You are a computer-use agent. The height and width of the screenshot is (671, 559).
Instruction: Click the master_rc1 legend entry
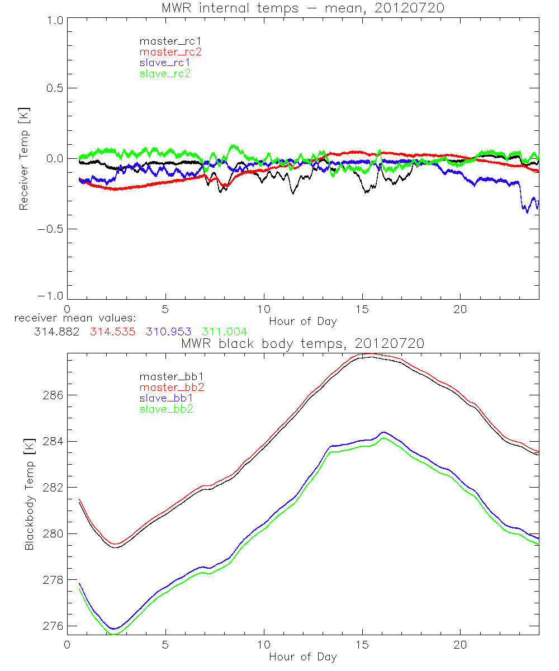[x=165, y=41]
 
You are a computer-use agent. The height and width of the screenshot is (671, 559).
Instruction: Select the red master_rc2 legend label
[x=170, y=51]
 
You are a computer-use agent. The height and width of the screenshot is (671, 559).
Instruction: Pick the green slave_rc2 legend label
[x=165, y=73]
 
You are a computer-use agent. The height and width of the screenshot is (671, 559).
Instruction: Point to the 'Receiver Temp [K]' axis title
[x=23, y=159]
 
